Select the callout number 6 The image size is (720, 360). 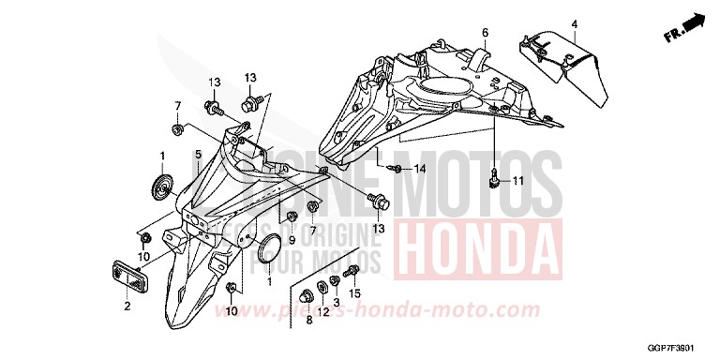tap(486, 33)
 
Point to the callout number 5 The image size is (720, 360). tap(198, 154)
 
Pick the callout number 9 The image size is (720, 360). tap(291, 239)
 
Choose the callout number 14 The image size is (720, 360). tap(420, 169)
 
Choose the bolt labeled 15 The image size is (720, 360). tap(352, 275)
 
